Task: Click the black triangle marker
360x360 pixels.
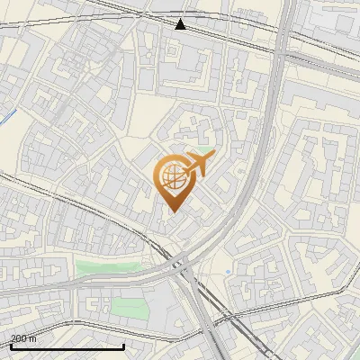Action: pyautogui.click(x=181, y=23)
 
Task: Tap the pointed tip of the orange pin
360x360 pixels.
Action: pyautogui.click(x=173, y=211)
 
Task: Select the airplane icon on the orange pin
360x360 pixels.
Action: pyautogui.click(x=197, y=165)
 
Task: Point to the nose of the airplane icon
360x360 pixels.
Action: pyautogui.click(x=212, y=157)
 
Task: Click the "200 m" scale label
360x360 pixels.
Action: pyautogui.click(x=22, y=338)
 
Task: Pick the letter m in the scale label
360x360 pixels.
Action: pyautogui.click(x=33, y=338)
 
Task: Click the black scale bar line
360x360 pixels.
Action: pyautogui.click(x=67, y=346)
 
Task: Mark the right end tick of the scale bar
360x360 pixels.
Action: pyautogui.click(x=124, y=346)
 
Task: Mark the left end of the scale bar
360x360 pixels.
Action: pyautogui.click(x=11, y=346)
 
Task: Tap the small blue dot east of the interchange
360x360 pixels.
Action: pyautogui.click(x=229, y=272)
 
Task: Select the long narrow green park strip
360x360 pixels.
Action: pyautogui.click(x=108, y=266)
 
